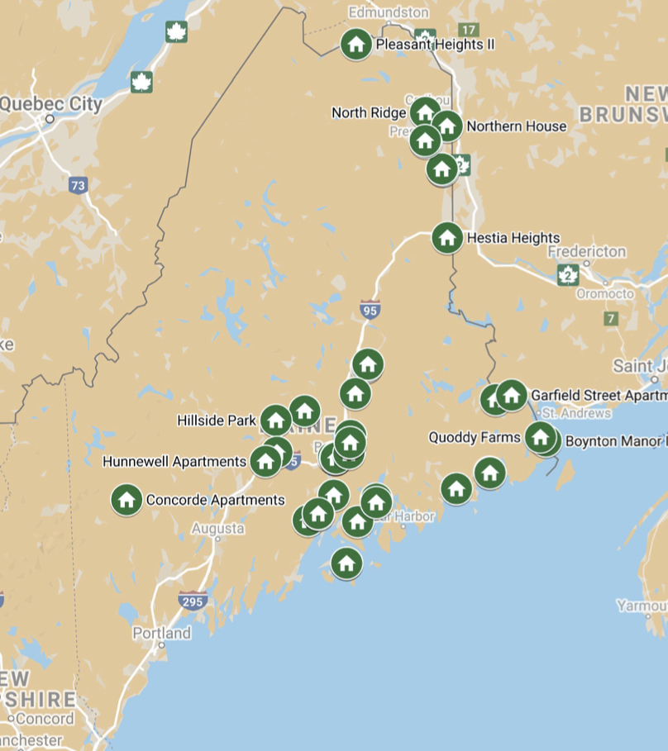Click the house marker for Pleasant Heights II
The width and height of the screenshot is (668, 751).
pyautogui.click(x=356, y=44)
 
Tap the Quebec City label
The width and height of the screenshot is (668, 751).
pyautogui.click(x=51, y=104)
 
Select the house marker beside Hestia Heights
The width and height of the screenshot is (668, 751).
pyautogui.click(x=447, y=238)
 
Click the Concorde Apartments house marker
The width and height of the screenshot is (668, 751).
pyautogui.click(x=126, y=500)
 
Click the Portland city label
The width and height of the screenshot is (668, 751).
pyautogui.click(x=162, y=634)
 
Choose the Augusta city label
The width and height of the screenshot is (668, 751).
pyautogui.click(x=217, y=528)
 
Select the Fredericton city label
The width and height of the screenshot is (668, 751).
pyautogui.click(x=586, y=251)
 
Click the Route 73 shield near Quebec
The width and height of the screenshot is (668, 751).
pyautogui.click(x=78, y=186)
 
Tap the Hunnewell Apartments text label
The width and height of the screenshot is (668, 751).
pyautogui.click(x=174, y=462)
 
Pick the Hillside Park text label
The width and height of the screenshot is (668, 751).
pyautogui.click(x=217, y=421)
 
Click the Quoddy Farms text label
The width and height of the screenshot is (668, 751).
pyautogui.click(x=475, y=438)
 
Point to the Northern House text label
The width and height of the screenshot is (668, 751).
pyautogui.click(x=517, y=126)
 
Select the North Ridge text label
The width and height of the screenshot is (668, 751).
pyautogui.click(x=369, y=112)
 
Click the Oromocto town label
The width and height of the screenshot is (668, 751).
pyautogui.click(x=604, y=294)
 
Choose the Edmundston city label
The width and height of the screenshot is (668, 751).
pyautogui.click(x=389, y=12)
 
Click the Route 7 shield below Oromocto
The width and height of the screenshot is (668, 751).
pyautogui.click(x=611, y=318)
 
